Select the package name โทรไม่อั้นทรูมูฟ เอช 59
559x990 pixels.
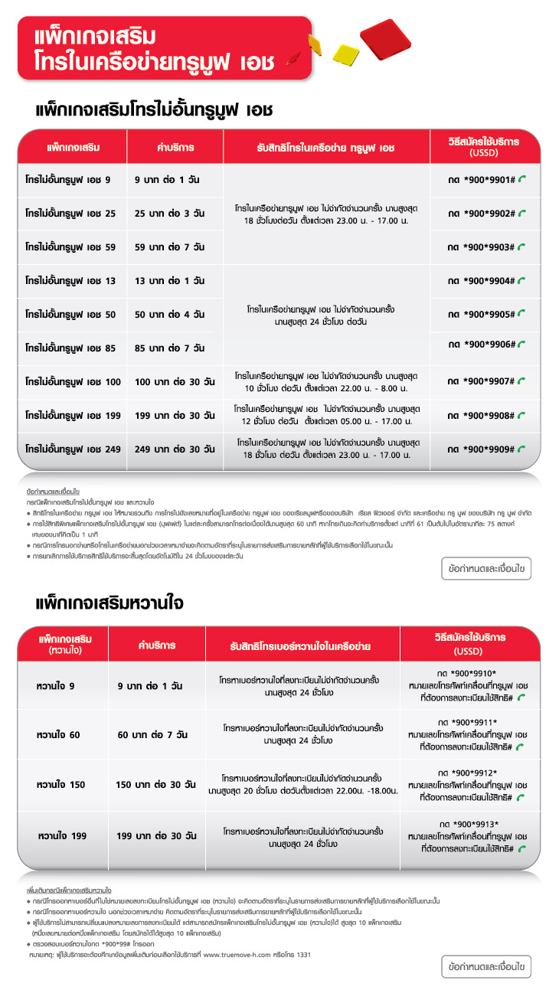[70, 247]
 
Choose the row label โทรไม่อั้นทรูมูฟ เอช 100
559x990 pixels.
[73, 381]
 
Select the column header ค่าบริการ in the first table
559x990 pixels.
[175, 146]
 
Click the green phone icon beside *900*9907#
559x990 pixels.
[522, 381]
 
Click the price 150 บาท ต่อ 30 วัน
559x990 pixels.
[155, 785]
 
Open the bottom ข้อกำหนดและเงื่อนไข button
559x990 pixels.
[485, 967]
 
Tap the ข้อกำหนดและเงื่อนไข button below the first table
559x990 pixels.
[485, 569]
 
